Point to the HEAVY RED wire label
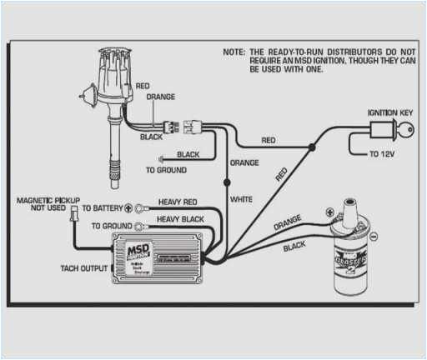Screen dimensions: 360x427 coord(178,202)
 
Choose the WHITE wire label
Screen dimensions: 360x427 coord(241,200)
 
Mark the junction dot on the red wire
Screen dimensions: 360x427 coord(311,147)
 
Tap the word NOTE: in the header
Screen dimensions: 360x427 coord(234,52)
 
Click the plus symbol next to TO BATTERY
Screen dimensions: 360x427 coord(128,207)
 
